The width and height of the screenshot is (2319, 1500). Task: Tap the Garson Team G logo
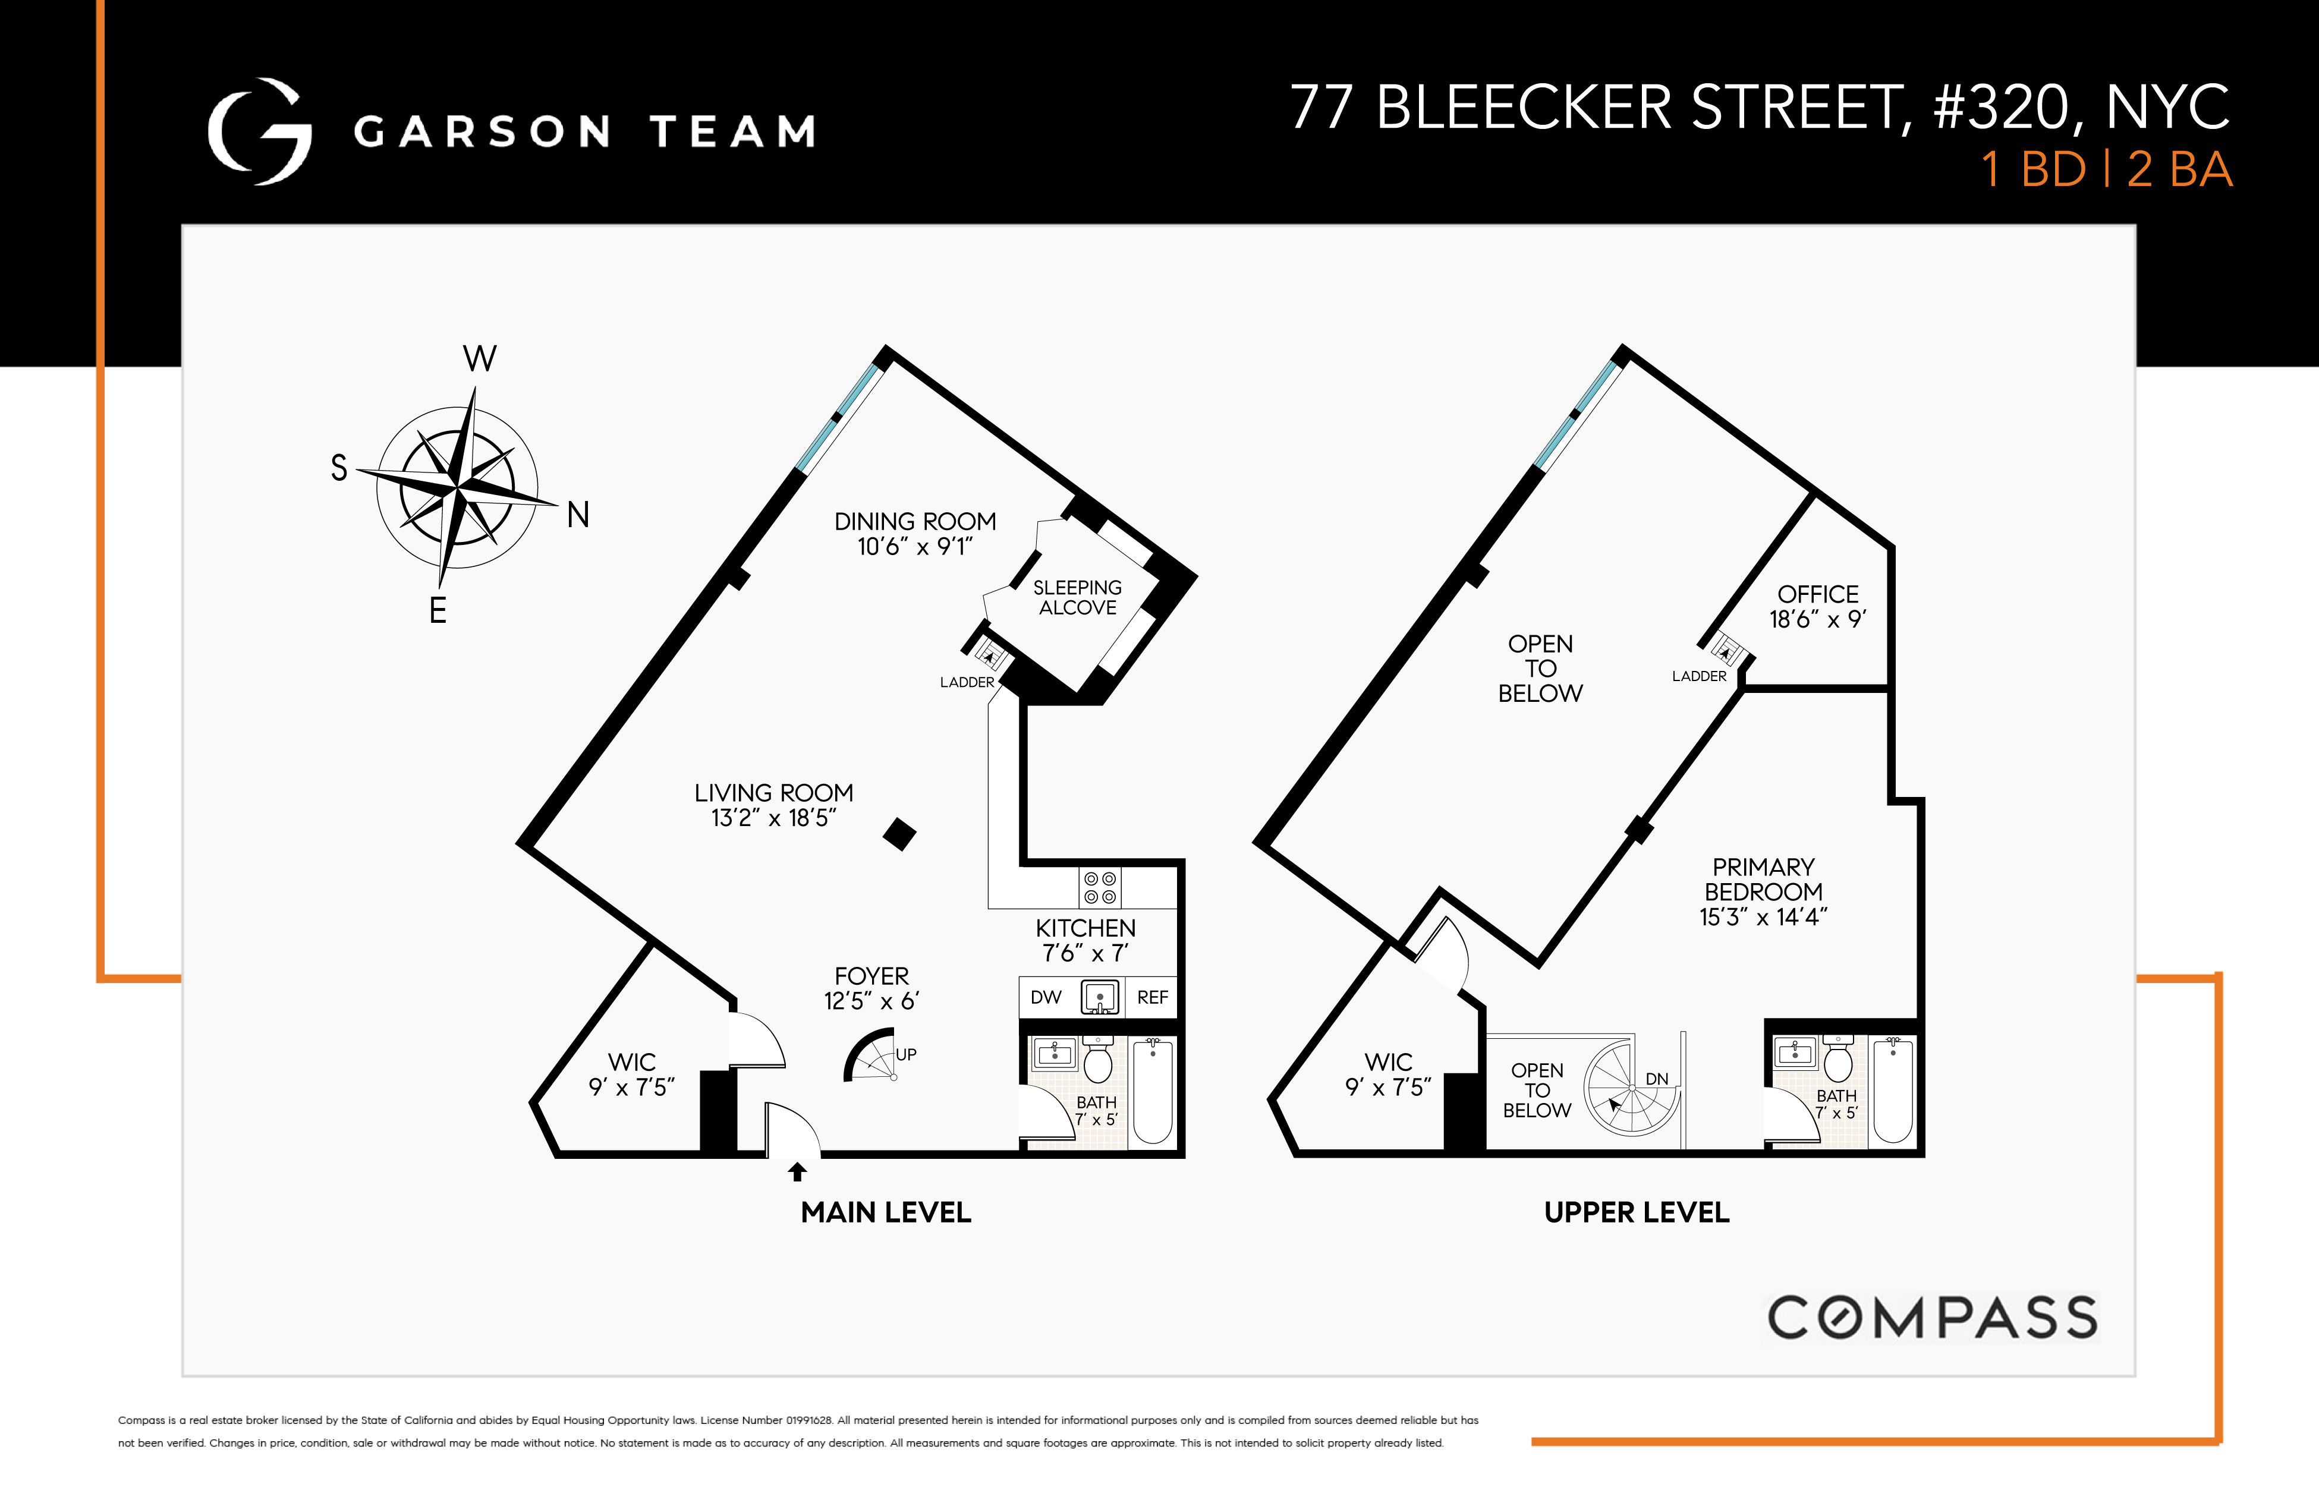point(259,131)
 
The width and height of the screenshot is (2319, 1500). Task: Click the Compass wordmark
point(1932,1318)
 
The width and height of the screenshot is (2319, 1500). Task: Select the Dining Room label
point(915,522)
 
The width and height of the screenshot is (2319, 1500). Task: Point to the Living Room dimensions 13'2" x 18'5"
point(773,818)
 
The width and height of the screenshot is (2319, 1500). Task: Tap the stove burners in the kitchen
point(1100,887)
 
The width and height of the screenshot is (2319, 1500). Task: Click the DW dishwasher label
point(1046,997)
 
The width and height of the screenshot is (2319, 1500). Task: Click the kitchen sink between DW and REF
point(1100,997)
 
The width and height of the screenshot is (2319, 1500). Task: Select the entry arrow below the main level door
point(797,1172)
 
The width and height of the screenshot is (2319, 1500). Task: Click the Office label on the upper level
point(1817,594)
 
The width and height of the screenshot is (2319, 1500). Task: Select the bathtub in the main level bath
point(1153,1091)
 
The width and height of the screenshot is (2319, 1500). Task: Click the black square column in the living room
point(899,834)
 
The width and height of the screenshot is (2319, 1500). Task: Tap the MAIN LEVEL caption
point(886,1213)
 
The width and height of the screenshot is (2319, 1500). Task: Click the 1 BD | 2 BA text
point(2107,169)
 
